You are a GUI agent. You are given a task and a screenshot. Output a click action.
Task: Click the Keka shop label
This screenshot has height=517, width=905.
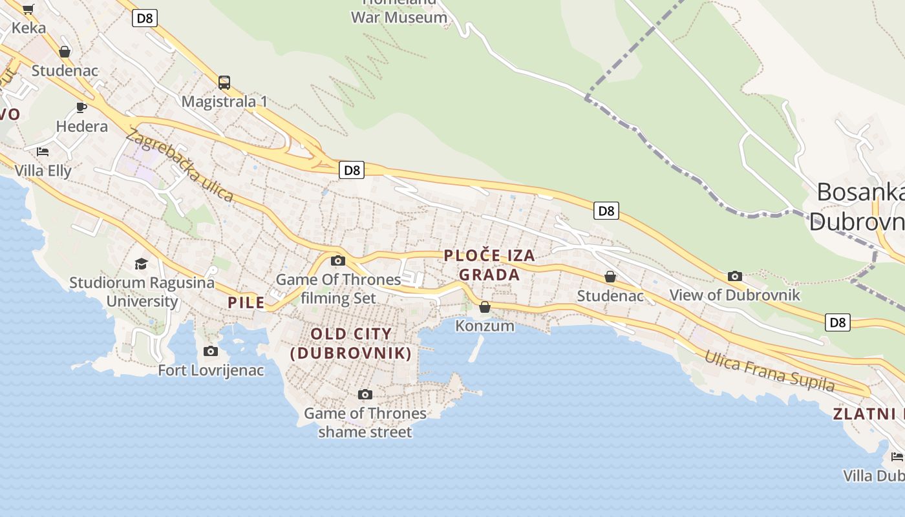(x=29, y=28)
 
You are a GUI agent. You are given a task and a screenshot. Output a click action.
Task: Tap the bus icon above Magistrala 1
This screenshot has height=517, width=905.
(x=224, y=83)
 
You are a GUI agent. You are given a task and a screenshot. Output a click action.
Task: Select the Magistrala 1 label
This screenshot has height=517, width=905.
(x=224, y=101)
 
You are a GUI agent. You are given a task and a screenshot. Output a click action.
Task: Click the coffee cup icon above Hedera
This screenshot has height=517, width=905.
(x=81, y=107)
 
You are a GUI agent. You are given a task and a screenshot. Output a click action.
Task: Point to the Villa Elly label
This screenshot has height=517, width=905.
(x=43, y=171)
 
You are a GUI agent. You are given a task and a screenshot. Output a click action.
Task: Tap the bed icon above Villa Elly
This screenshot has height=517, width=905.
(x=43, y=152)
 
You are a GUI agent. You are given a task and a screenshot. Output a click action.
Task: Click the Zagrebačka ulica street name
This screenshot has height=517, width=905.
(x=179, y=165)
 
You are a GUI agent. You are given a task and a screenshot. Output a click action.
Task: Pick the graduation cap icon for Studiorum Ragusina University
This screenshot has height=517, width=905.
(x=141, y=264)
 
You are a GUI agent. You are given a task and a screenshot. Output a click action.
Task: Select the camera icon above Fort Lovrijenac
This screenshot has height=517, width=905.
(x=211, y=352)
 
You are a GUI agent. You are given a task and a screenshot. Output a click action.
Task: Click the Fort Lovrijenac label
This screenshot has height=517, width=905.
(x=211, y=370)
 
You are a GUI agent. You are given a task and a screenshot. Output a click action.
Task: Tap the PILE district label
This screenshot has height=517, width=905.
(x=246, y=302)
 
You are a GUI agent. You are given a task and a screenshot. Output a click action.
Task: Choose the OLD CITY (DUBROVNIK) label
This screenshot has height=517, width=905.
(x=351, y=343)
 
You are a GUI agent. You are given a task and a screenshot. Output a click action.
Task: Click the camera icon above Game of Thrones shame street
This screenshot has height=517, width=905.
(x=365, y=394)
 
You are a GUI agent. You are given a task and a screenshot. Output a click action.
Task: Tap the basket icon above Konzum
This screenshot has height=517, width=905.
(x=485, y=307)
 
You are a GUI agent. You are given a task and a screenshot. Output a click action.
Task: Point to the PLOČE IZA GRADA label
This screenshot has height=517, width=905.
(x=489, y=265)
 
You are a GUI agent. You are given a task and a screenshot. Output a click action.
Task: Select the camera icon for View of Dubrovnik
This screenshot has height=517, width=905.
(x=735, y=277)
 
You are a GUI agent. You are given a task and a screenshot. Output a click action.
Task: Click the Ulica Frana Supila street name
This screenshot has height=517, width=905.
(x=769, y=371)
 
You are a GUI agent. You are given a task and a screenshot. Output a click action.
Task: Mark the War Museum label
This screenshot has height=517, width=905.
(x=399, y=17)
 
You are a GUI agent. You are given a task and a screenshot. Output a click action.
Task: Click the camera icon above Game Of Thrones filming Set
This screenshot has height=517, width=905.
(x=337, y=261)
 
